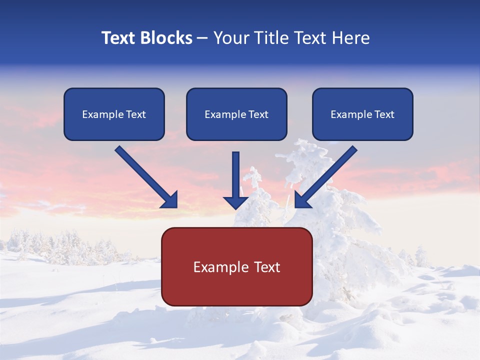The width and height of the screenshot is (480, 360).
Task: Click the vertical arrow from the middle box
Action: pyautogui.click(x=236, y=175)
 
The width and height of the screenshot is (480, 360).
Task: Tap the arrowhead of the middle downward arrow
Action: pyautogui.click(x=236, y=202)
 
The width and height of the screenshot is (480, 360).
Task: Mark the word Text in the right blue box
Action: pyautogui.click(x=384, y=114)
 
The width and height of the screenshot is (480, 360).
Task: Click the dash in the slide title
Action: pyautogui.click(x=202, y=38)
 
